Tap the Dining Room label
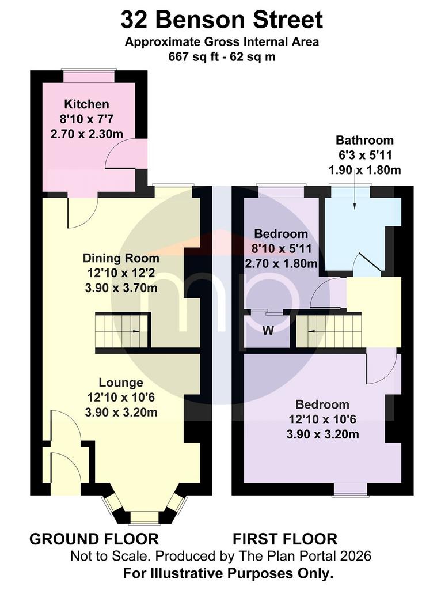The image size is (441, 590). [x=121, y=258]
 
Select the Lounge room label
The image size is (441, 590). [x=121, y=383]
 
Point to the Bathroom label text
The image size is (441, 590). [x=364, y=141]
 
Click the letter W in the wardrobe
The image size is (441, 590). [x=268, y=331]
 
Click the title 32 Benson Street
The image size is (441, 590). [x=222, y=20]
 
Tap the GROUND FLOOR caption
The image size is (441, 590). [x=94, y=539]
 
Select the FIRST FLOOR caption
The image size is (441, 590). [x=285, y=539]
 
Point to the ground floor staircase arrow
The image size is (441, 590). [x=135, y=331]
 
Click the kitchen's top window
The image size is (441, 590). [x=89, y=76]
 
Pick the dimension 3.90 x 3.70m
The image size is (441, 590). [x=121, y=288]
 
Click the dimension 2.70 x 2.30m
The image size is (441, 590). [x=87, y=134]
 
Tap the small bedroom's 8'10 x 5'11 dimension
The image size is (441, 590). [x=281, y=249]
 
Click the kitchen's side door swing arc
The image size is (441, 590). [x=113, y=150]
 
